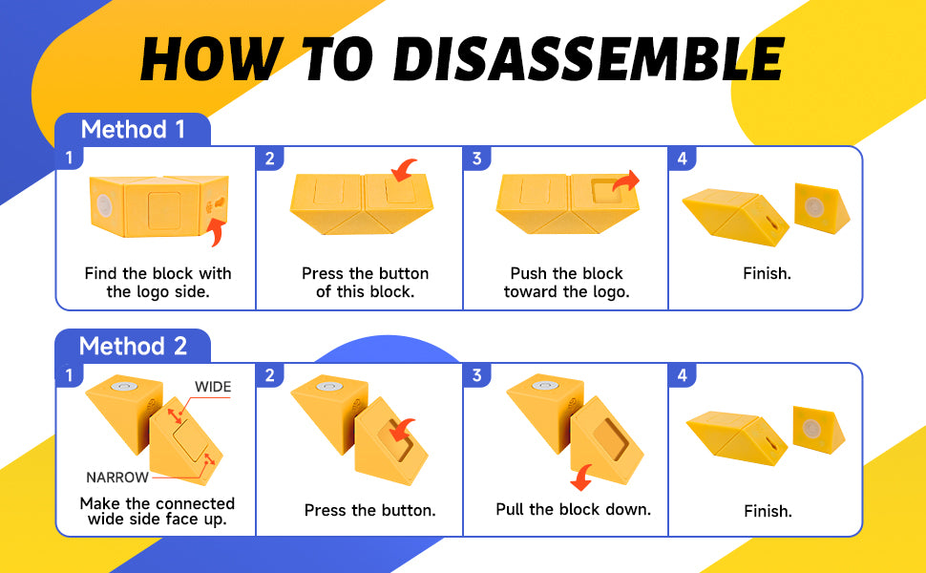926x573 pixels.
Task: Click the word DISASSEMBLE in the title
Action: [x=588, y=58]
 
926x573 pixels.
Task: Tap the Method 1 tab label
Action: [x=133, y=129]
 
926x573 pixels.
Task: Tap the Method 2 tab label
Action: [x=133, y=346]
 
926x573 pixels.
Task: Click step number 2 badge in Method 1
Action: [x=269, y=159]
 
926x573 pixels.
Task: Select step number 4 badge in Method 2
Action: [x=683, y=375]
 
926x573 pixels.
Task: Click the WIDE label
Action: [x=213, y=387]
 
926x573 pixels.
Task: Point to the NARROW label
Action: [x=116, y=477]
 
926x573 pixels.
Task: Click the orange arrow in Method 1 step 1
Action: [x=217, y=232]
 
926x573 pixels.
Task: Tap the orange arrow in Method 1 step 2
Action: [x=404, y=170]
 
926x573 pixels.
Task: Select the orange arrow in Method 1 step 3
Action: [x=626, y=180]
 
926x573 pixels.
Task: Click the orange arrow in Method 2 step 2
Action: [x=402, y=430]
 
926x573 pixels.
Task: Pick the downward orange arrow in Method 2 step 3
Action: [x=582, y=477]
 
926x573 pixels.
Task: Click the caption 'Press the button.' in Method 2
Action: [x=369, y=510]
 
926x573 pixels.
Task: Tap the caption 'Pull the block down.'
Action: [x=574, y=509]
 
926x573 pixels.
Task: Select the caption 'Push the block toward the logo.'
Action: [x=567, y=283]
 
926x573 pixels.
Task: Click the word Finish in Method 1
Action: [x=767, y=273]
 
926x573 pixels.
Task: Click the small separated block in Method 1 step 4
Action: [x=822, y=208]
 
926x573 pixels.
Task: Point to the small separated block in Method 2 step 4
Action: [x=818, y=430]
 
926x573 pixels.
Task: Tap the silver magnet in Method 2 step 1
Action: [x=125, y=387]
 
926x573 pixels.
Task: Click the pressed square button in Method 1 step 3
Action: [x=606, y=191]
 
